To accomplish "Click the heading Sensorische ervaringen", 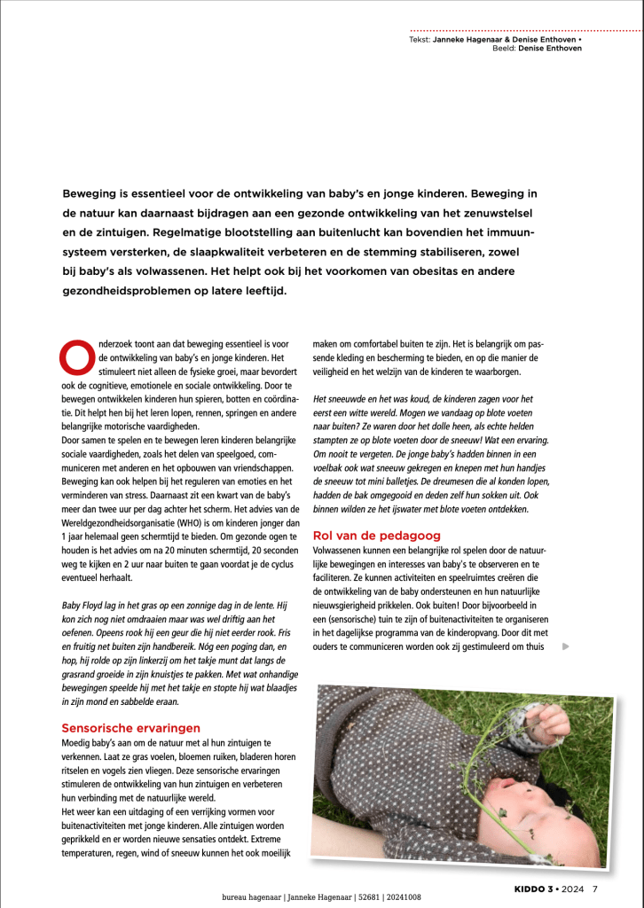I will [x=124, y=727].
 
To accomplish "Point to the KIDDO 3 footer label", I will [x=534, y=888].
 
